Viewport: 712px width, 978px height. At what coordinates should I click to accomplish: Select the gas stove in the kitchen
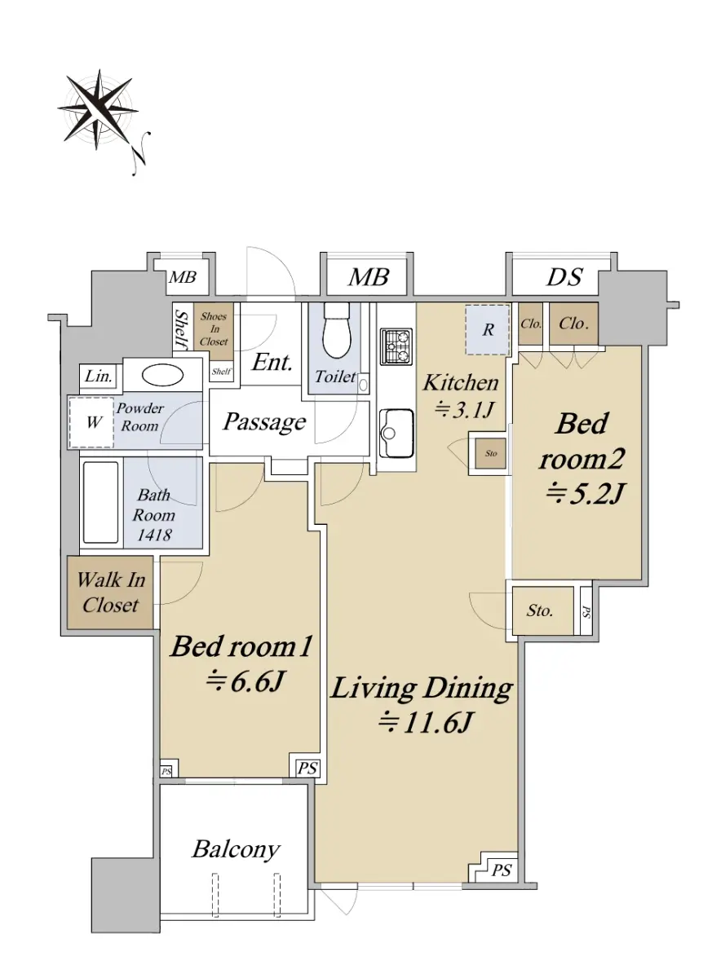[x=396, y=346]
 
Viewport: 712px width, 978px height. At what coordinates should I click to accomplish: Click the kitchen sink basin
[x=396, y=433]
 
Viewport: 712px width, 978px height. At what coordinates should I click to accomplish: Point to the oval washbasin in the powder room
[x=162, y=375]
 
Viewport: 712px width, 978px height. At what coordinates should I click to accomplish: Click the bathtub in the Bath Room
[x=101, y=502]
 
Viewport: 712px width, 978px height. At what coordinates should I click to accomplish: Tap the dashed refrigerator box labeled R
[x=487, y=329]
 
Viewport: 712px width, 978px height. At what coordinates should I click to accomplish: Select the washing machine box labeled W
[x=91, y=422]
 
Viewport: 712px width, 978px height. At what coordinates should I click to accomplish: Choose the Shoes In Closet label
[x=214, y=328]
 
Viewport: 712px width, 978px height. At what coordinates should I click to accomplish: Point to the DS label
[x=564, y=277]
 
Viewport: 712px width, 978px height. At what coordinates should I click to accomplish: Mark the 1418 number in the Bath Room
[x=154, y=535]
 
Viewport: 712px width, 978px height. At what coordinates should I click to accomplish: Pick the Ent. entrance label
[x=272, y=362]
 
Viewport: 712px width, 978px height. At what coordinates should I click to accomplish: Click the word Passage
[x=264, y=422]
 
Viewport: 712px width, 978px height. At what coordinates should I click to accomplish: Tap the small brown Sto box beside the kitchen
[x=490, y=454]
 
